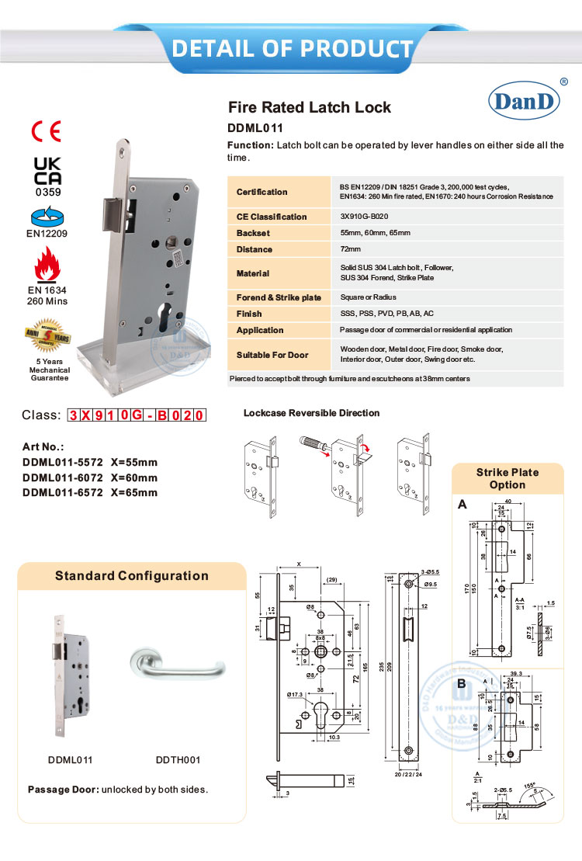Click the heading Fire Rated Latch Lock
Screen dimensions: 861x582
point(310,108)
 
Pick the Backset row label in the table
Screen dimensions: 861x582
point(253,233)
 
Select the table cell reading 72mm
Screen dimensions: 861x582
point(351,249)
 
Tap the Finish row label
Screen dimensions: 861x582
point(249,314)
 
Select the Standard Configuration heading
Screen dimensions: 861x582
point(132,576)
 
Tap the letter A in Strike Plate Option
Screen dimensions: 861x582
point(462,505)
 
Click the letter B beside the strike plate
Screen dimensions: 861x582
point(462,684)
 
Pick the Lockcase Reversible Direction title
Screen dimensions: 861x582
point(311,413)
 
